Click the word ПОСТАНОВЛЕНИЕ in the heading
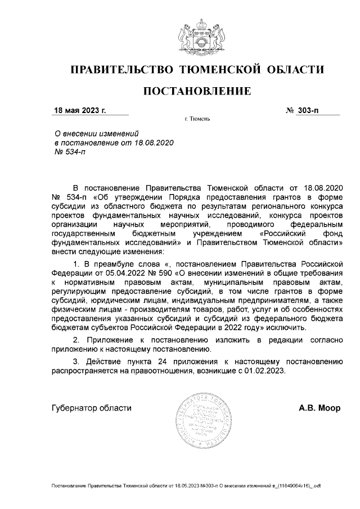(196, 91)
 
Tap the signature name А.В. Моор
(319, 408)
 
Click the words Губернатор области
(91, 408)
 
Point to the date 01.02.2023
(267, 372)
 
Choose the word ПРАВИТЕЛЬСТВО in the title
(120, 70)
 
